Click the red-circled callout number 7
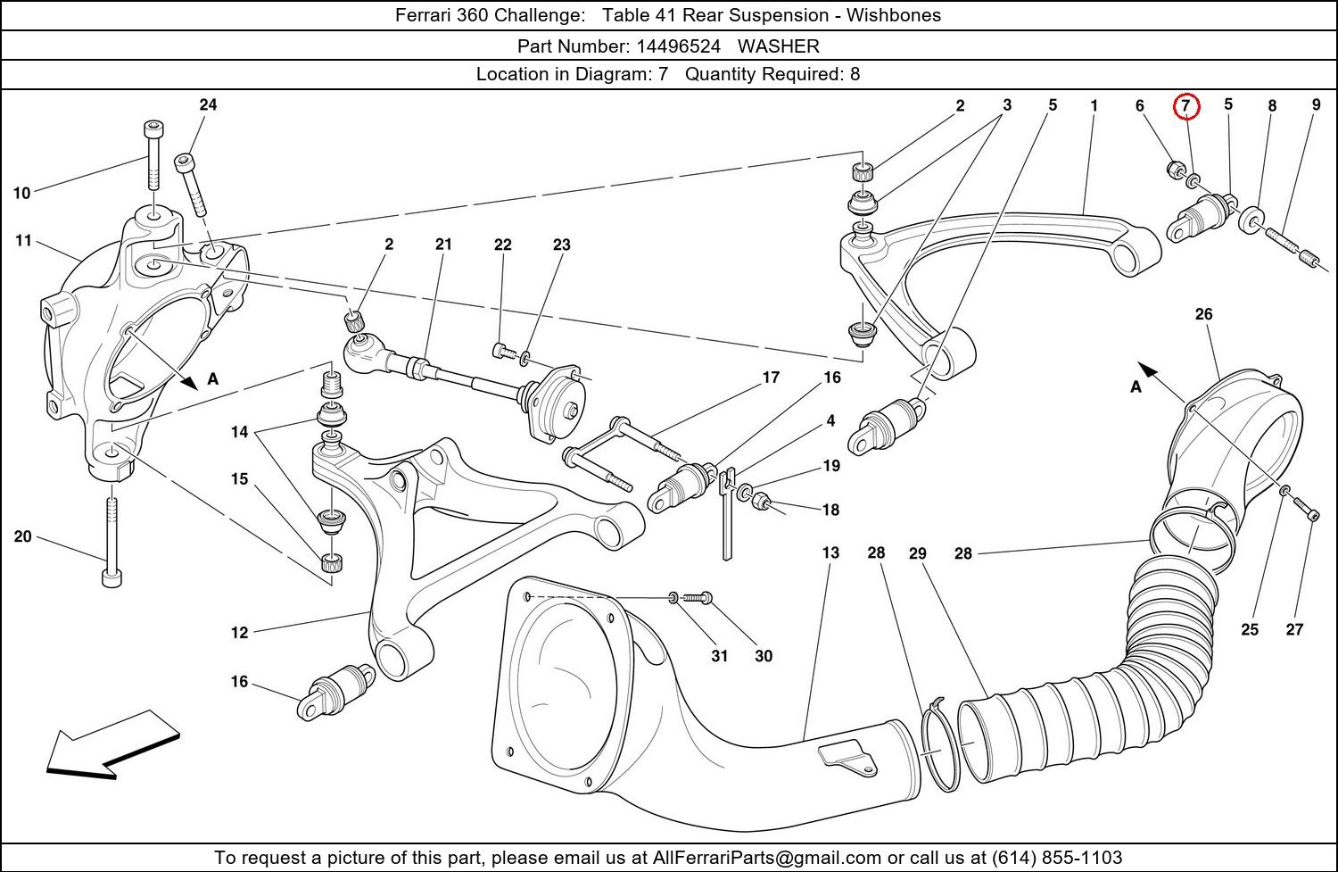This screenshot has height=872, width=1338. [x=1185, y=106]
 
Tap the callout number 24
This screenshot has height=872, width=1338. [x=208, y=104]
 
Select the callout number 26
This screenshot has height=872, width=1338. [x=1203, y=314]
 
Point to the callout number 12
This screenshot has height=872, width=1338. [x=239, y=633]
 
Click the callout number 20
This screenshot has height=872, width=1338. [x=22, y=536]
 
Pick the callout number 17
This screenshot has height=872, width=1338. [x=771, y=378]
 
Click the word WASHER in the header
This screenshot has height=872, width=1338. [x=778, y=46]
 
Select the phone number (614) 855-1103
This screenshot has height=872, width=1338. [x=1057, y=858]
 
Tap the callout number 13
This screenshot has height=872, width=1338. [x=830, y=552]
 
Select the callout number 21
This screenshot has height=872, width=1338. [x=443, y=245]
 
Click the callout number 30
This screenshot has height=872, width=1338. [x=764, y=656]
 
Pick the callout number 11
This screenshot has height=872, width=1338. [x=23, y=240]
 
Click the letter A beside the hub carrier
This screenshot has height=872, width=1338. [x=213, y=379]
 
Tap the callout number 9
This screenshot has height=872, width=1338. [x=1316, y=105]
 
